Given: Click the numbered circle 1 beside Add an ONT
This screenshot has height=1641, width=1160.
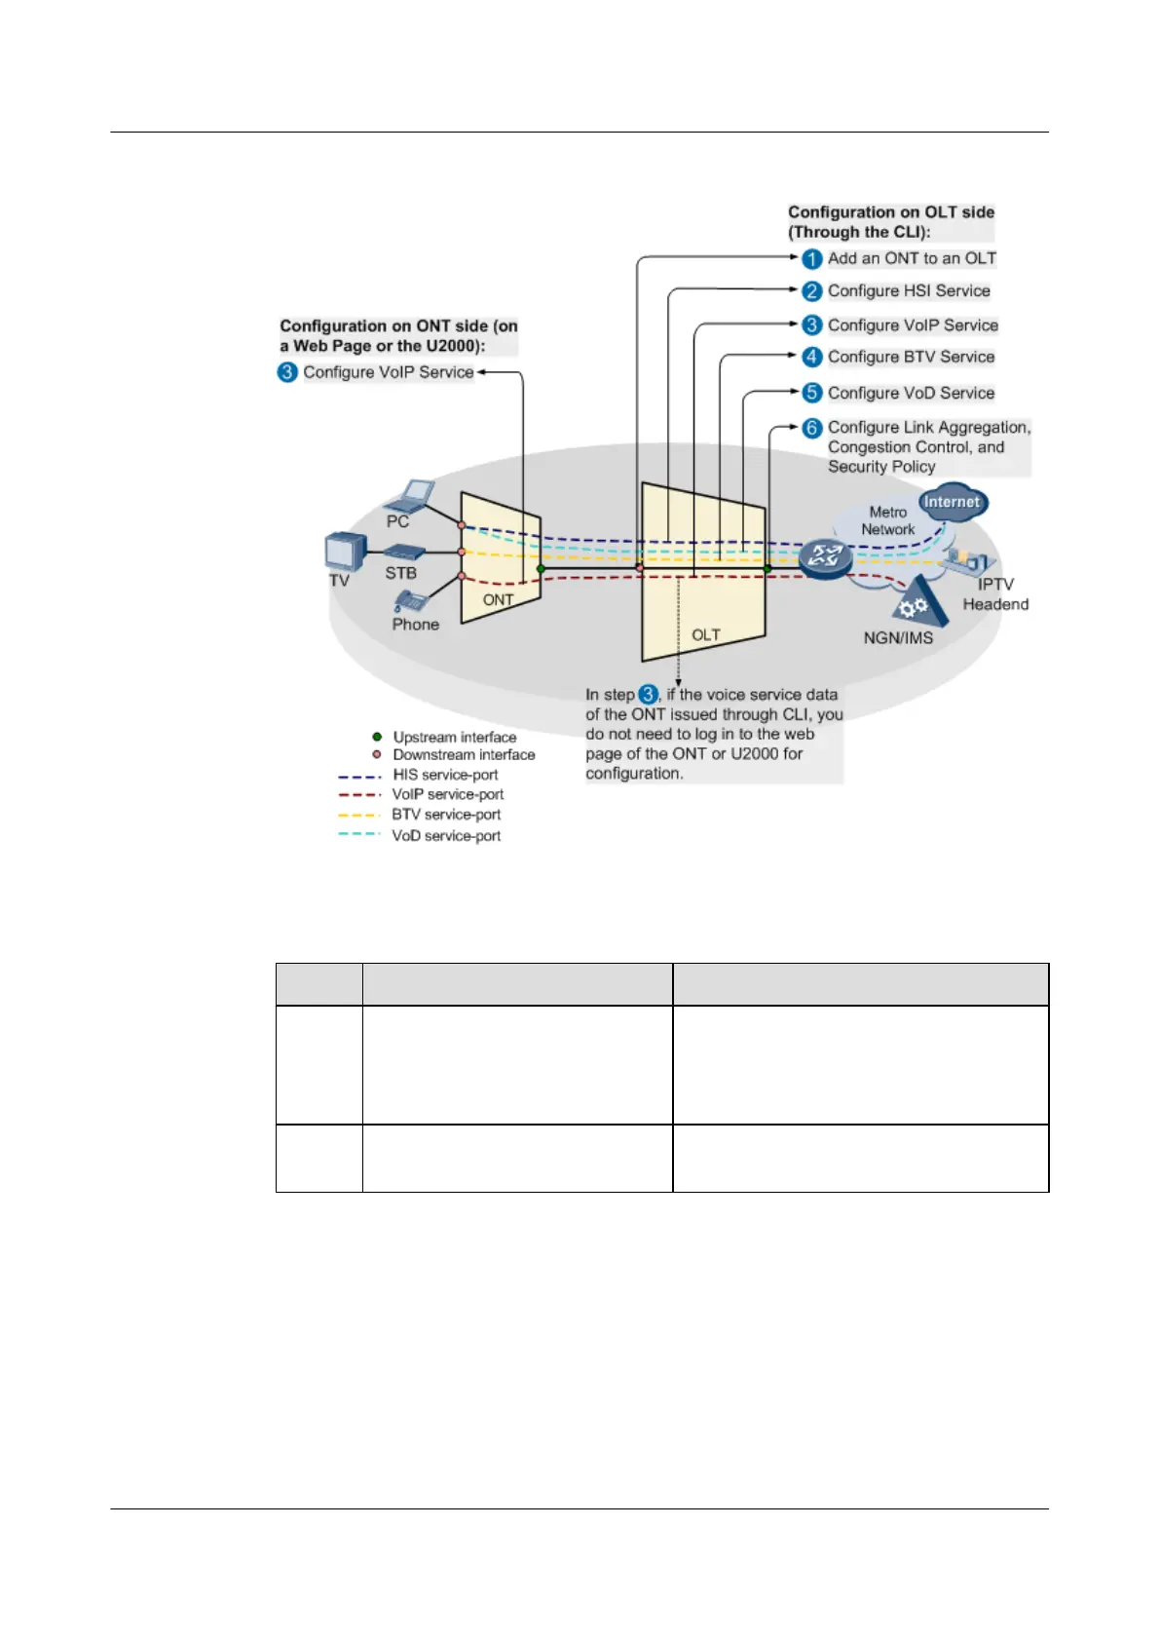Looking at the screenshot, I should (x=812, y=259).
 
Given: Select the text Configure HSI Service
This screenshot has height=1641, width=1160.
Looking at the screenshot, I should (x=908, y=290).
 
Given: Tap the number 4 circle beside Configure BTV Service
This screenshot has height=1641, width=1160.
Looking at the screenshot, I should (x=812, y=357).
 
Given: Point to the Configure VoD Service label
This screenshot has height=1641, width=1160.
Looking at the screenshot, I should (x=911, y=393).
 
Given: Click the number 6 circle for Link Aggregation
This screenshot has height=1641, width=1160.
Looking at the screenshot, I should (x=812, y=428).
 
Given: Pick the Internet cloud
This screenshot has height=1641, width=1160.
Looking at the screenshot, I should (x=952, y=503).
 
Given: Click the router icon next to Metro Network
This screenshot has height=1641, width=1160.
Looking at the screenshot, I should (x=826, y=558).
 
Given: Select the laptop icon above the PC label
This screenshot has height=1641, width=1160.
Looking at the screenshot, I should (x=411, y=495).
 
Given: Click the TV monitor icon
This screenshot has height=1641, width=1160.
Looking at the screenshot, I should (x=344, y=553).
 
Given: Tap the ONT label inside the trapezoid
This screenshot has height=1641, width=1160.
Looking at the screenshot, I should (x=498, y=600).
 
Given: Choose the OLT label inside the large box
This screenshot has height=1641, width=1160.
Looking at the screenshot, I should (x=705, y=635).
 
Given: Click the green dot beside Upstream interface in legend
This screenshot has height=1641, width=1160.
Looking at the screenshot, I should (x=377, y=737).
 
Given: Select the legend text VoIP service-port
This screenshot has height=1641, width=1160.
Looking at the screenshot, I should (x=448, y=794).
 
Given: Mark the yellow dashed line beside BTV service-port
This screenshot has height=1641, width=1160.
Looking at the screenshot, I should (x=358, y=815).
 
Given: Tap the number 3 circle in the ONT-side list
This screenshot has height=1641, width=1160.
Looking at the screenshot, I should (x=287, y=372).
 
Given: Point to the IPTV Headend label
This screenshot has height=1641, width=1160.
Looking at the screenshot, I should (x=995, y=594).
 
